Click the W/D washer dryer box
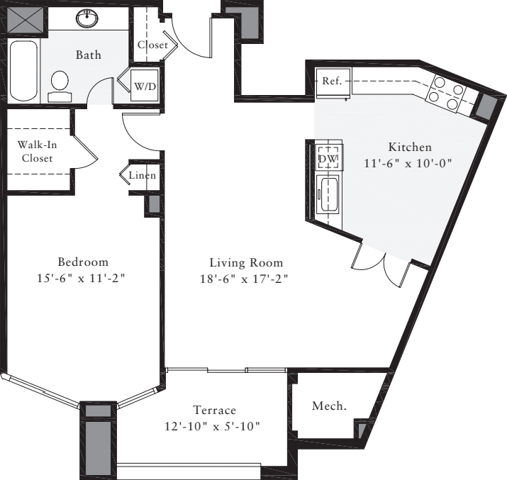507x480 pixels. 145,86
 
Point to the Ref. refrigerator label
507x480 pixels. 332,81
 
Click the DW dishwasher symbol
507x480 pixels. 328,158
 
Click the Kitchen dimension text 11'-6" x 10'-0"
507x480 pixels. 409,162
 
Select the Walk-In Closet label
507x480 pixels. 37,151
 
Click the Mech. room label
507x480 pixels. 329,406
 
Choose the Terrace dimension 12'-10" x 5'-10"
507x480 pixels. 214,426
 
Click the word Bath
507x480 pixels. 89,55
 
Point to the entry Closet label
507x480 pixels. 152,45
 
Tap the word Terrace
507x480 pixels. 214,410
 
